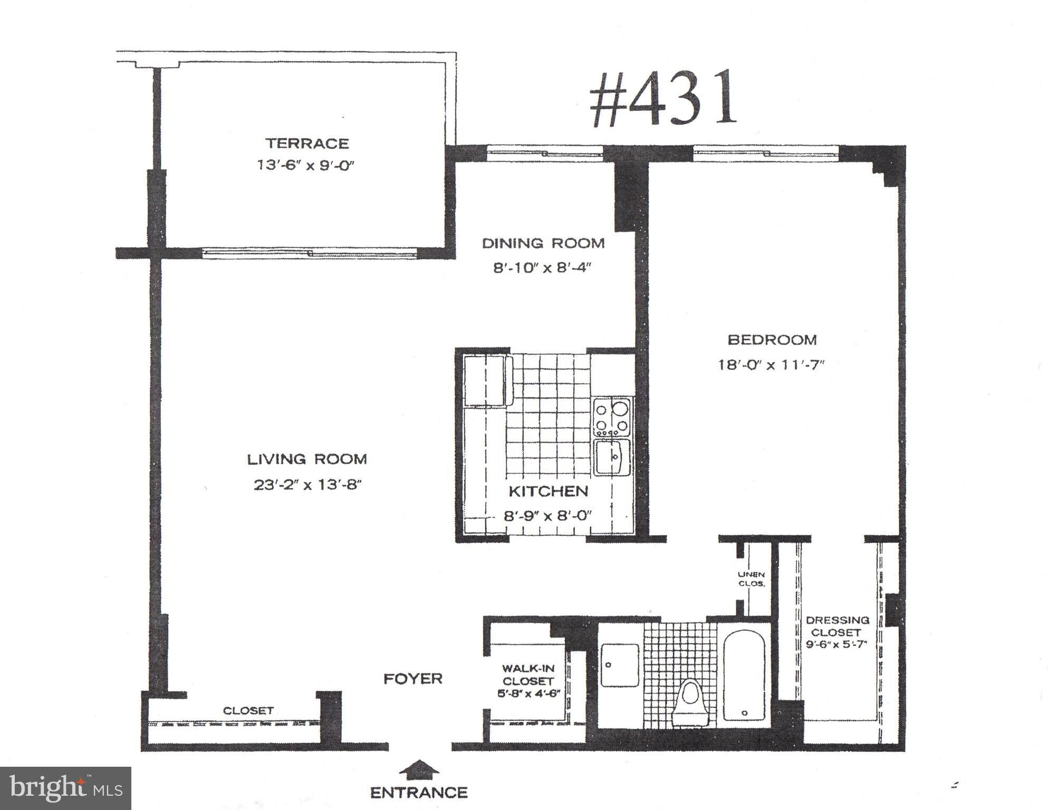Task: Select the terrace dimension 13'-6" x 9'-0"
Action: pos(305,165)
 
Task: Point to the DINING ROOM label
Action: pos(543,243)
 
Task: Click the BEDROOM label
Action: pos(772,340)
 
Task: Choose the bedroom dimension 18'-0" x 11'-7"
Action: pos(771,365)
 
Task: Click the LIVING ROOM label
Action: pos(307,459)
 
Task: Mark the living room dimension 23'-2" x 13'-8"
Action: pos(307,484)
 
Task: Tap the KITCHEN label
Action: pos(548,491)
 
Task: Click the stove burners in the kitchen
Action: pos(612,417)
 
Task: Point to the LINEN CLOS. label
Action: pos(751,579)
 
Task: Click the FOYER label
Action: pos(412,679)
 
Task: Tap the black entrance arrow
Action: pos(419,769)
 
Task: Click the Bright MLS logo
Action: pos(65,788)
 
